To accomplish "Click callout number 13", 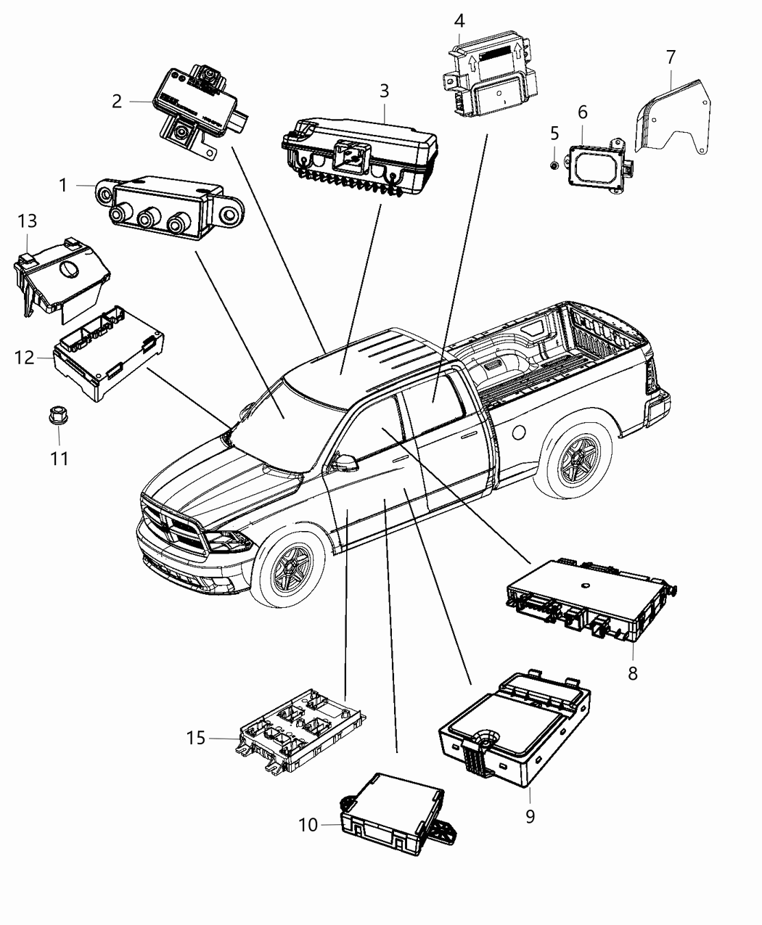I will click(x=27, y=221).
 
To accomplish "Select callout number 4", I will click(x=459, y=20).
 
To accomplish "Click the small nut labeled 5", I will click(x=554, y=165).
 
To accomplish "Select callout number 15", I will click(x=196, y=739).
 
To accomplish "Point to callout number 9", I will click(x=530, y=816).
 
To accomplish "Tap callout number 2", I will click(x=117, y=102).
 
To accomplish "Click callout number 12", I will click(x=25, y=357).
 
